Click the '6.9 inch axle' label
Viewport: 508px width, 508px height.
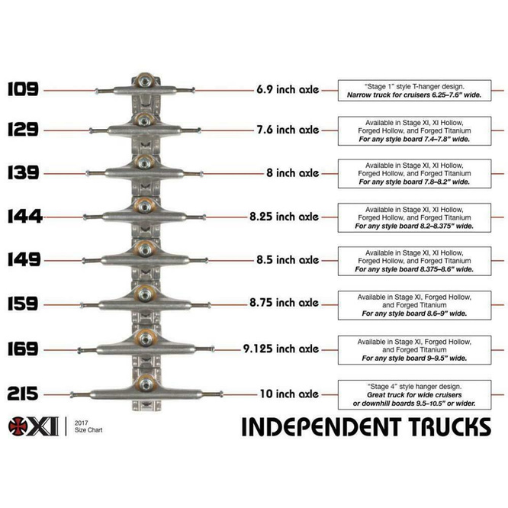[x=287, y=89]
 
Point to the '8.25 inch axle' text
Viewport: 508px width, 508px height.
[x=283, y=217]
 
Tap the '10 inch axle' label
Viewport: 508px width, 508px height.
[x=288, y=394]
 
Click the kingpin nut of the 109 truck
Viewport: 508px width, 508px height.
[x=145, y=80]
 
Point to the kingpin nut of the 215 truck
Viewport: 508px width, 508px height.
[x=145, y=382]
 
